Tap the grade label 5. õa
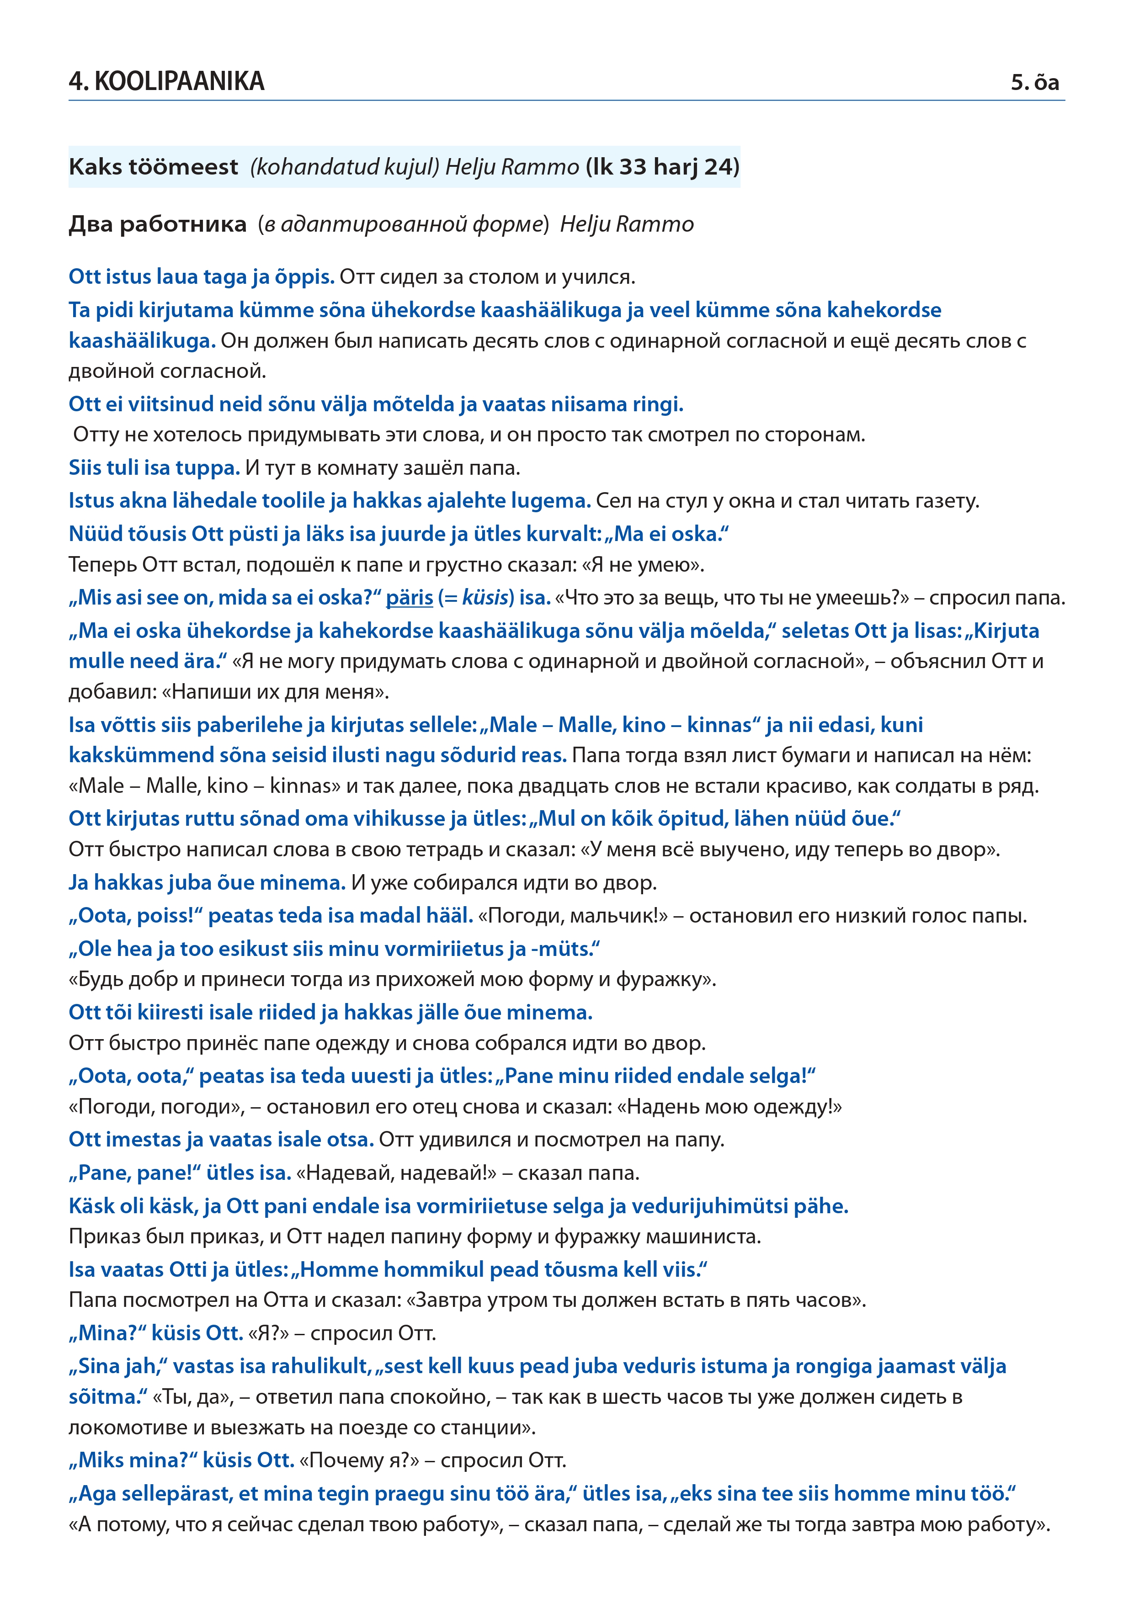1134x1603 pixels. pos(1035,82)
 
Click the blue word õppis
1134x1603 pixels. pos(304,276)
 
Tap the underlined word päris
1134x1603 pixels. pos(409,598)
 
